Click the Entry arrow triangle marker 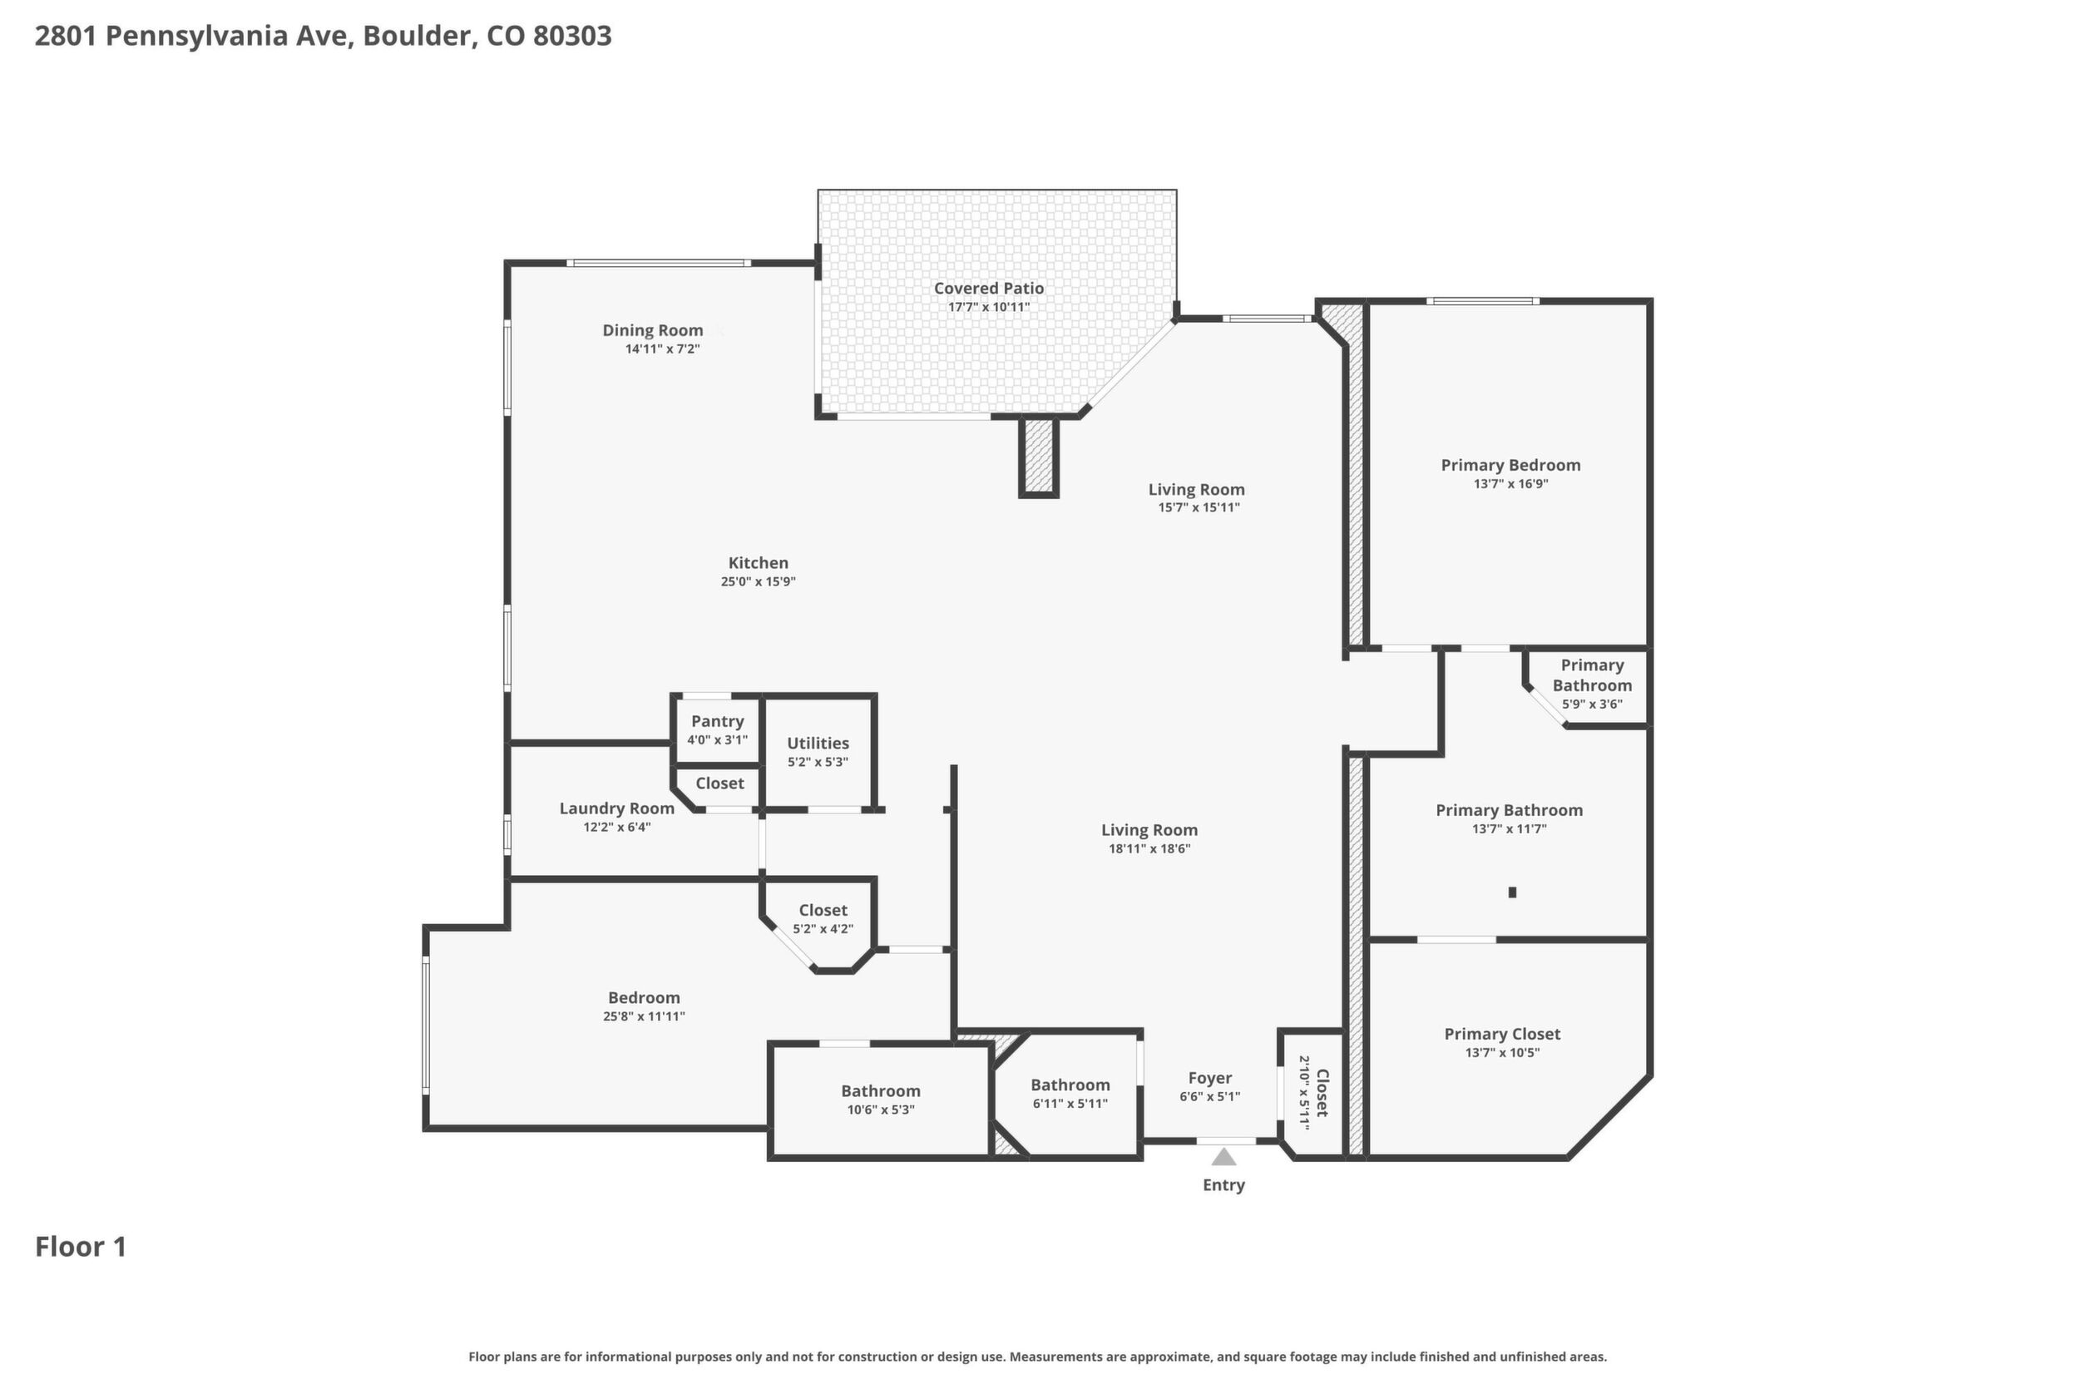(x=1223, y=1156)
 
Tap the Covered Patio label (x=989, y=288)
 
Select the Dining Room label (x=652, y=330)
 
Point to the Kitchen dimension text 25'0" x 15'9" (x=759, y=581)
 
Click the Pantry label (x=718, y=721)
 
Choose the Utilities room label (x=818, y=744)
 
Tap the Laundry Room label (x=617, y=808)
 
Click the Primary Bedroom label (x=1510, y=465)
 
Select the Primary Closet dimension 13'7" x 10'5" (x=1502, y=1052)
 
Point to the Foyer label (x=1209, y=1078)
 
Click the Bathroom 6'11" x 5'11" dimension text (x=1070, y=1104)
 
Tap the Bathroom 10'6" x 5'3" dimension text (x=880, y=1110)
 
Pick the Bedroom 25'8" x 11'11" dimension (x=644, y=1016)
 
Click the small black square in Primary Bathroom (x=1512, y=892)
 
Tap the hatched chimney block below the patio (x=1038, y=457)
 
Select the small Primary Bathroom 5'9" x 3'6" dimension (x=1591, y=704)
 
